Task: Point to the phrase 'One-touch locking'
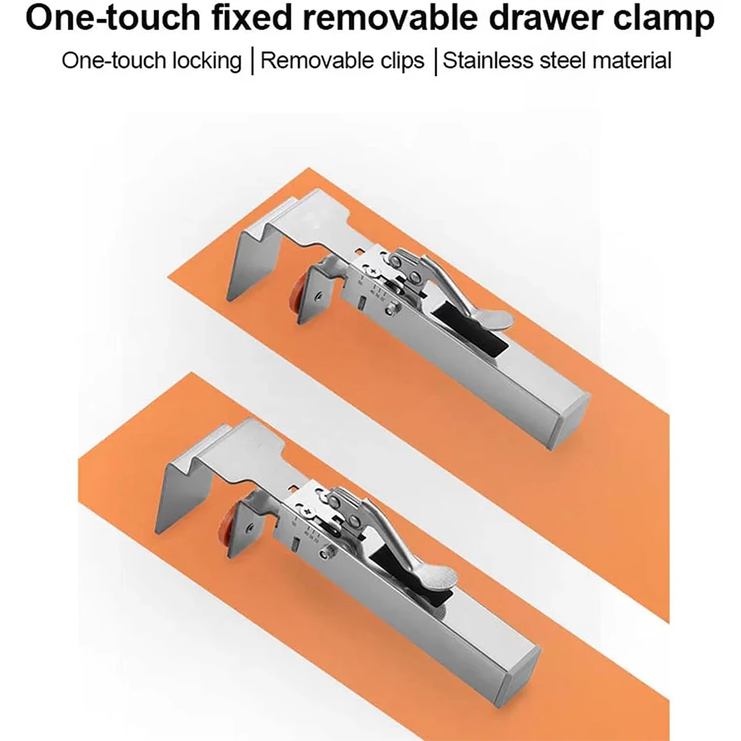(x=152, y=60)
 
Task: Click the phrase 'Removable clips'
(x=342, y=60)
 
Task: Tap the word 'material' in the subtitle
(x=631, y=60)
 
